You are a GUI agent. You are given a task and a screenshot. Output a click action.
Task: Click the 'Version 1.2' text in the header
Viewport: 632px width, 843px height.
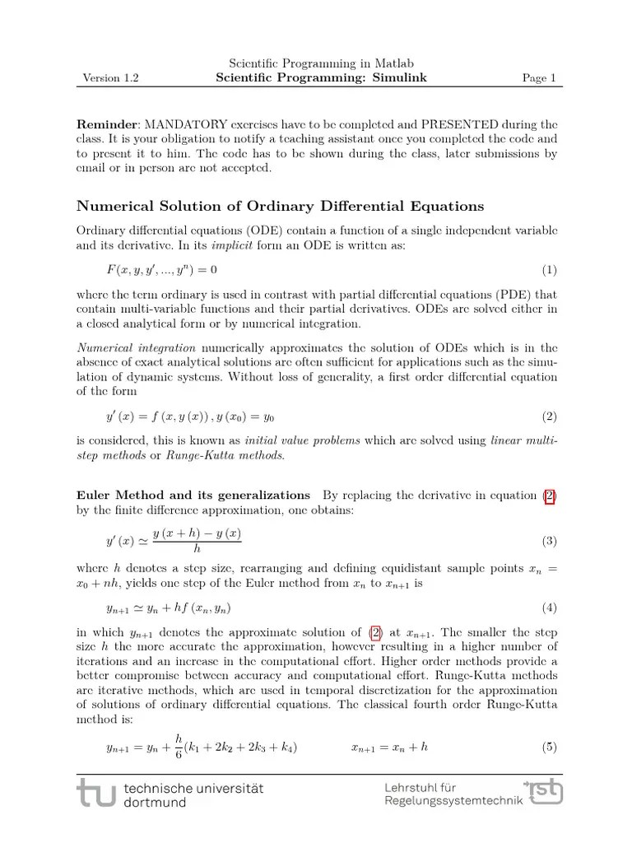click(111, 79)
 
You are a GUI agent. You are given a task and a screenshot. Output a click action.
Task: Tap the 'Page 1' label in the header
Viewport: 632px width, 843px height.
click(539, 79)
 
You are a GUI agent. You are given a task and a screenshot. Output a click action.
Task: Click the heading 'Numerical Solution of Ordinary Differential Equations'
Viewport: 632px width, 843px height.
click(280, 206)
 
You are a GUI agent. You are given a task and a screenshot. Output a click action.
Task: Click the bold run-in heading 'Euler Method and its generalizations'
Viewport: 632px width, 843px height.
click(193, 495)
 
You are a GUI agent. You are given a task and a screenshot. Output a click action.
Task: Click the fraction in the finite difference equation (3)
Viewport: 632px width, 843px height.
click(197, 541)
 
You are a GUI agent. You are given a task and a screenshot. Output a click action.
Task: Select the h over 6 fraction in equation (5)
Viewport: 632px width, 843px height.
click(178, 747)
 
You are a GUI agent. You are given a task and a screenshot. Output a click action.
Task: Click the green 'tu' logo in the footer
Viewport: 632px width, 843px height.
click(97, 794)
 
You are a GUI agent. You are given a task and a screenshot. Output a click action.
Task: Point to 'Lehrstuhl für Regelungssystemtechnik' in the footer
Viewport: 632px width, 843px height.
click(453, 794)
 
